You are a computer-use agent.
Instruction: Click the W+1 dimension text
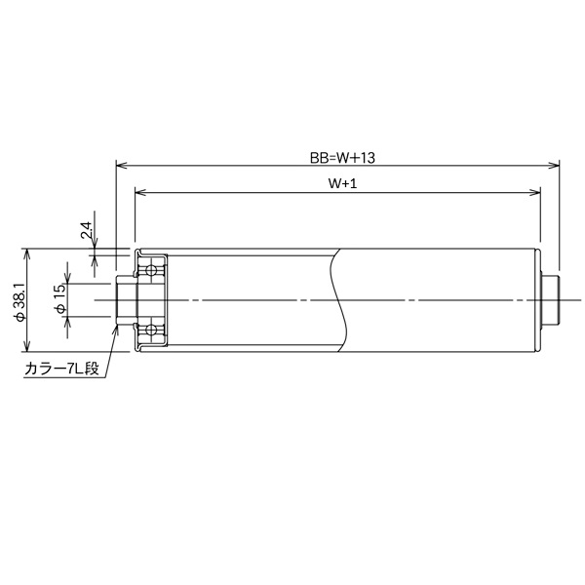point(338,182)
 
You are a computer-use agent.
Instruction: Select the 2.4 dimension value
point(86,231)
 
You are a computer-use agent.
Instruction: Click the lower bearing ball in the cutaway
point(151,331)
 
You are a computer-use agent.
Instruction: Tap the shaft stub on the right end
point(552,300)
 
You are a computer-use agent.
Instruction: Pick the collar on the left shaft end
point(124,300)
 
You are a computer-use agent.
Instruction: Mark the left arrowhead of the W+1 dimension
point(138,192)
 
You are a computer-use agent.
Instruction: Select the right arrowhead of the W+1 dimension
point(537,192)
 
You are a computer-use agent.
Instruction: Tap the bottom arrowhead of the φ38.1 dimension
point(28,348)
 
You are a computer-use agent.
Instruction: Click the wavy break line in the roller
point(338,300)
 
